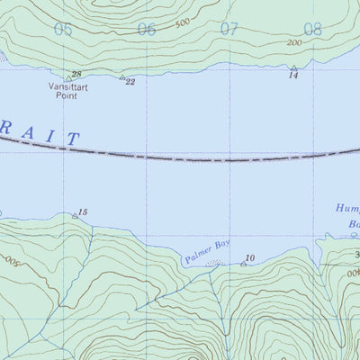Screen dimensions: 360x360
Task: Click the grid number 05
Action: click(62, 30)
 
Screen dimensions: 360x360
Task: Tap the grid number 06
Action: click(146, 30)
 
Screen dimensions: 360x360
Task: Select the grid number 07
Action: click(229, 29)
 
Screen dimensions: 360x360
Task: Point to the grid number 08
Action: click(312, 30)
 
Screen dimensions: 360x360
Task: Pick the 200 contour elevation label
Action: click(293, 43)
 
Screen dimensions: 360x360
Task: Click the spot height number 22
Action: click(130, 82)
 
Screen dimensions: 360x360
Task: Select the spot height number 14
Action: click(293, 76)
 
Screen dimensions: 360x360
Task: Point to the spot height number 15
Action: click(84, 212)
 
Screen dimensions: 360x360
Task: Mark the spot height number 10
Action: click(250, 258)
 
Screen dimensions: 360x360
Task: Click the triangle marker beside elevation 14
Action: click(293, 68)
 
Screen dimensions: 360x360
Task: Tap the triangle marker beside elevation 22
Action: click(122, 77)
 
